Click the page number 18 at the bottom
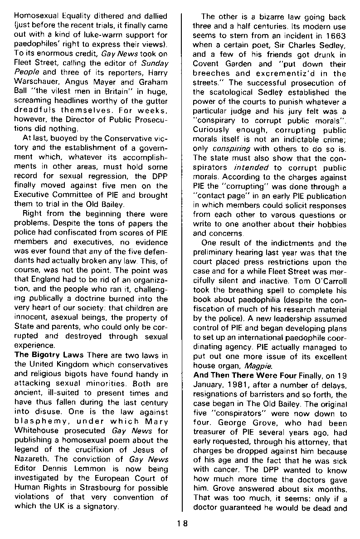[182, 522]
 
